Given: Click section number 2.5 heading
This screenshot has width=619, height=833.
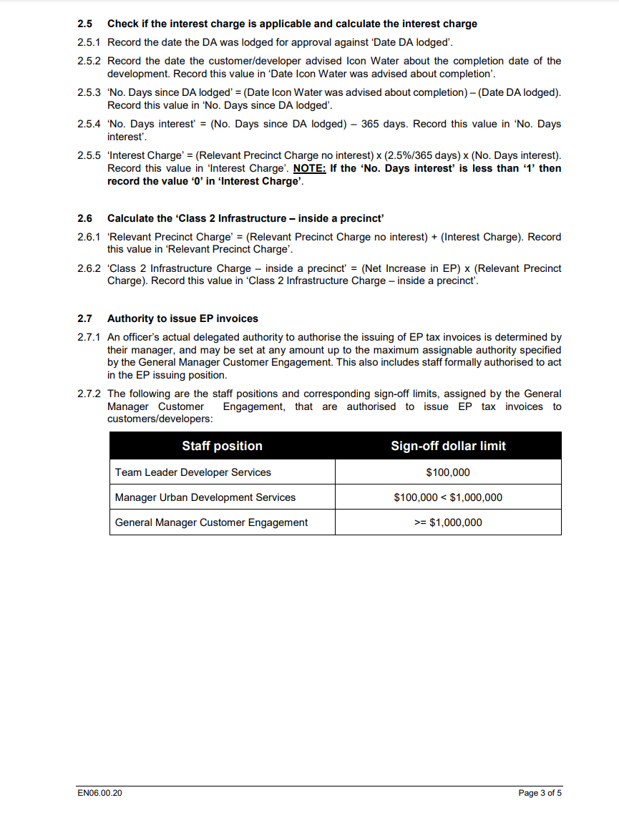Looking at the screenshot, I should [84, 24].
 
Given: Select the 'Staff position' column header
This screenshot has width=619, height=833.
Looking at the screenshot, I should [222, 446].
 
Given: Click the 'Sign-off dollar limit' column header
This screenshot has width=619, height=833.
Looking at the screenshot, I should [448, 446].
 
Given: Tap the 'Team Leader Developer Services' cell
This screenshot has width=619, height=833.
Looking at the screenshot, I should [193, 472].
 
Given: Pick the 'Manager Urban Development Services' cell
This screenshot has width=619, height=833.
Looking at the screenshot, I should [205, 497].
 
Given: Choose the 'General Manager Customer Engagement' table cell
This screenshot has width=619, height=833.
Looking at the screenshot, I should [212, 522].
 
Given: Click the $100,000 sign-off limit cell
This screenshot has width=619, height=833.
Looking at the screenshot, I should [448, 472].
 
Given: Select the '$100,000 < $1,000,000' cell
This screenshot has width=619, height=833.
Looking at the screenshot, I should [448, 497].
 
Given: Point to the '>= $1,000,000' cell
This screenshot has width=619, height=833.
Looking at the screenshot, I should [448, 522].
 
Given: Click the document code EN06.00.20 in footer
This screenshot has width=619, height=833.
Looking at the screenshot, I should [99, 793].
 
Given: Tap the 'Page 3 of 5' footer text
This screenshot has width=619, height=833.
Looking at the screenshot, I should [540, 793].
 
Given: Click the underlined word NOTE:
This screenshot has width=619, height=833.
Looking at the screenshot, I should [310, 169].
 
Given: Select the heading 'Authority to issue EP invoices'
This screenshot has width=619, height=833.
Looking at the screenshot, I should [182, 318].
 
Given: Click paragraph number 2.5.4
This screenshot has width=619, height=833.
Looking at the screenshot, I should [89, 124].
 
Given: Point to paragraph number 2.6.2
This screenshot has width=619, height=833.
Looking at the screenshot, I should [89, 268].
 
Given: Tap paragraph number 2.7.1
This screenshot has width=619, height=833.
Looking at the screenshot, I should [89, 337].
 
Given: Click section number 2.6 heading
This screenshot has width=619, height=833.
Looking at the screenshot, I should [84, 218].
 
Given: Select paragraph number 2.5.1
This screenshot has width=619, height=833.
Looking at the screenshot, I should [89, 42].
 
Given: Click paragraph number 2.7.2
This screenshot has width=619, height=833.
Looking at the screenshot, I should [89, 394].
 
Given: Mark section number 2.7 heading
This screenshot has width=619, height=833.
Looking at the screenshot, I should [84, 318].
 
